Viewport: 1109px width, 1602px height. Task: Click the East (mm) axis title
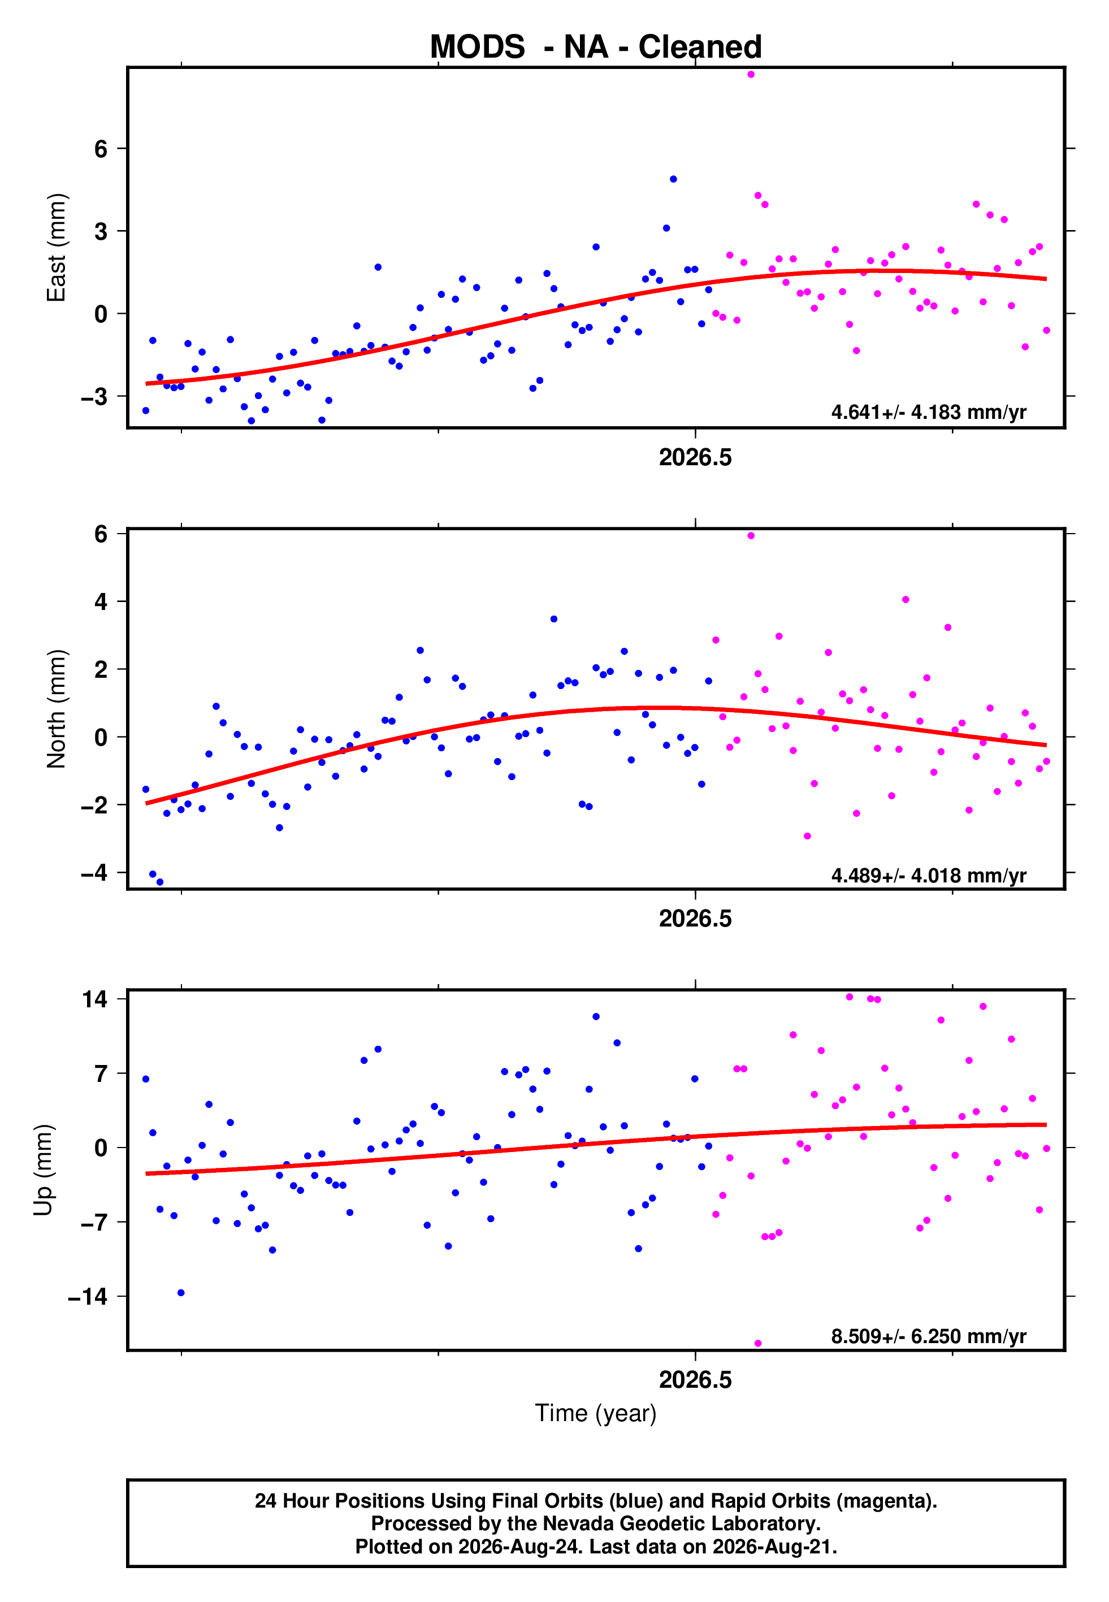point(57,248)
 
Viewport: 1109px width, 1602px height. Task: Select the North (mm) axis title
point(57,709)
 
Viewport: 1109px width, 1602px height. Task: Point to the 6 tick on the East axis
point(101,149)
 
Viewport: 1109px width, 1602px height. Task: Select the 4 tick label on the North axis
point(101,601)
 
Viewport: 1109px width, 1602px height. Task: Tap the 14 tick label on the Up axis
point(94,999)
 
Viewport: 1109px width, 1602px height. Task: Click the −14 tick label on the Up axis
point(88,1296)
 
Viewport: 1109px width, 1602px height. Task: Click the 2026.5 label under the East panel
point(696,457)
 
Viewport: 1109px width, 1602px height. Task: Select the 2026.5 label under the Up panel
point(696,1380)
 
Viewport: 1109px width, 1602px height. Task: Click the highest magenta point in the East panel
point(751,74)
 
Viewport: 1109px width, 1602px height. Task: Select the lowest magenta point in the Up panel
point(758,1344)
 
